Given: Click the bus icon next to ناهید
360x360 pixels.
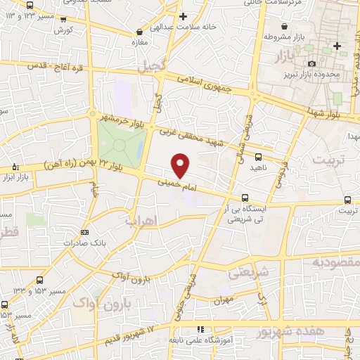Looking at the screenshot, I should coord(258,157).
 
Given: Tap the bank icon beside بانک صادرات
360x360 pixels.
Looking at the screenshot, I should coord(85,232).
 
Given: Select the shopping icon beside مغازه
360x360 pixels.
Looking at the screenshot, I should coord(140,32).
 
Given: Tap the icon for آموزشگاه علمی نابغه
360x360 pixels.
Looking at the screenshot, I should coord(200,328).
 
